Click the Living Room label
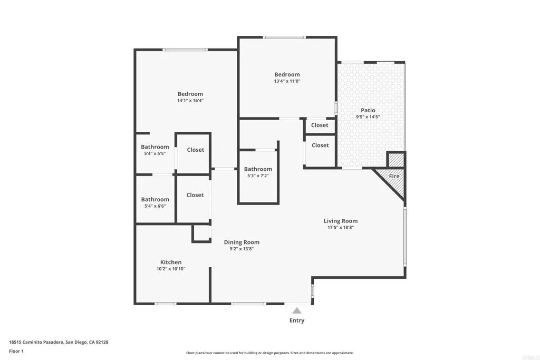tap(341, 221)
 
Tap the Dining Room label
tap(242, 242)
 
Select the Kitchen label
tap(171, 262)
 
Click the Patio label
tap(368, 110)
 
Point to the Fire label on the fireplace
tap(394, 176)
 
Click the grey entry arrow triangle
tap(297, 310)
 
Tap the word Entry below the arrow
tap(297, 320)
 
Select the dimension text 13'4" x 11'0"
tap(287, 81)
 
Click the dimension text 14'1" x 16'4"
tap(190, 100)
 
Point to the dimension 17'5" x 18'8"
tap(341, 228)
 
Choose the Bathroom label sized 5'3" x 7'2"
tap(258, 169)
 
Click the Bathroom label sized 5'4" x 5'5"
tap(155, 147)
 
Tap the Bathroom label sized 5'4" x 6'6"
tap(155, 199)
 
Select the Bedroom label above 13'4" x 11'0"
tap(287, 74)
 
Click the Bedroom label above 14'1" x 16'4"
tap(190, 94)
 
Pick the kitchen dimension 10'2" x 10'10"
tap(171, 269)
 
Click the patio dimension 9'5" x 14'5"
tap(368, 117)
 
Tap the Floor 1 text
tap(16, 351)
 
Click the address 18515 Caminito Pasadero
tap(36, 342)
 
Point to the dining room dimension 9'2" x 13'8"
tap(242, 249)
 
